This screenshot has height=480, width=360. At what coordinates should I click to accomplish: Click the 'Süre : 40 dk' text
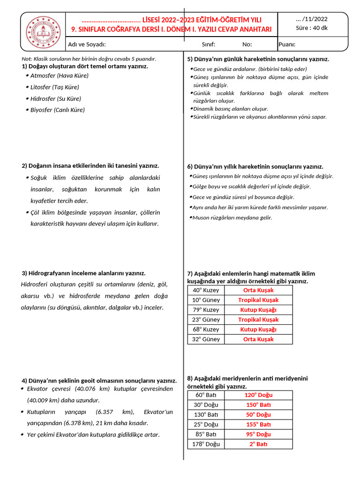[x=312, y=28]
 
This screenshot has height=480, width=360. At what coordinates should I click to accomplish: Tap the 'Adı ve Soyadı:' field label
[x=87, y=45]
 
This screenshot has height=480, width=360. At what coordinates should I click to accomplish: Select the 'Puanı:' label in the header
[x=287, y=45]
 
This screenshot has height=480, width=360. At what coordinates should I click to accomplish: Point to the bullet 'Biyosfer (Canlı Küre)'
[x=57, y=110]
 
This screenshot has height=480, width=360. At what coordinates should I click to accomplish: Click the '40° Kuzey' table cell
[x=206, y=290]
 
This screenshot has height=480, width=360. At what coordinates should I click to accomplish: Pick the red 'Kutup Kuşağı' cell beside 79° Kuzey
[x=258, y=310]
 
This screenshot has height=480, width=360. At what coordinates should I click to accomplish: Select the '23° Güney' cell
[x=206, y=320]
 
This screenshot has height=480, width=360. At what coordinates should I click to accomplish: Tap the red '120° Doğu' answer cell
[x=258, y=395]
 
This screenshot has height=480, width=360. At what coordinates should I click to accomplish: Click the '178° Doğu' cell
[x=206, y=444]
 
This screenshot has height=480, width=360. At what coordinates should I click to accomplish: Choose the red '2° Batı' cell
[x=258, y=444]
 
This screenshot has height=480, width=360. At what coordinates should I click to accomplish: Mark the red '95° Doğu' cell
[x=258, y=434]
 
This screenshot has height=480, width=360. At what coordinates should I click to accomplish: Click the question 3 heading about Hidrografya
[x=84, y=273]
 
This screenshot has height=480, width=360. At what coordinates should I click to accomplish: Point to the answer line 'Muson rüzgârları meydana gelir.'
[x=232, y=217]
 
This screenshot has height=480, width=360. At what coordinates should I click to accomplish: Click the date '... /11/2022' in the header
[x=312, y=19]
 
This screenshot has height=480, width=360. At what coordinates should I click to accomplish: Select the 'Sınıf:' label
[x=208, y=45]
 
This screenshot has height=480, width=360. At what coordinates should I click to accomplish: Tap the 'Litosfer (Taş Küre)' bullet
[x=54, y=87]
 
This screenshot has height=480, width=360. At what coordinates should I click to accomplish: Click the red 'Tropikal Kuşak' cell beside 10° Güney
[x=258, y=300]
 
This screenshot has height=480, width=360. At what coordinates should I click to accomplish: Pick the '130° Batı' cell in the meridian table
[x=206, y=414]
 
